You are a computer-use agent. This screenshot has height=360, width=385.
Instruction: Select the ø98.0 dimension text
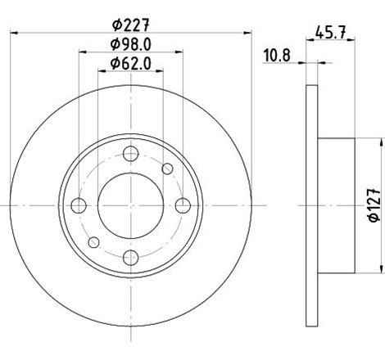click(x=130, y=43)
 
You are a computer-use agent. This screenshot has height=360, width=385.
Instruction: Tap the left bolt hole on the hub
click(x=79, y=205)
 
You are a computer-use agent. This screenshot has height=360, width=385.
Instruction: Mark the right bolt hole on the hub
click(x=182, y=205)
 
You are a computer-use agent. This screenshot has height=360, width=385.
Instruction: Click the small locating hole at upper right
click(x=167, y=169)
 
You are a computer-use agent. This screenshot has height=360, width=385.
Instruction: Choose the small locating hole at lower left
click(x=94, y=241)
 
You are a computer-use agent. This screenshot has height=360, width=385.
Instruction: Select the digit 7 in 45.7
click(x=339, y=34)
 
